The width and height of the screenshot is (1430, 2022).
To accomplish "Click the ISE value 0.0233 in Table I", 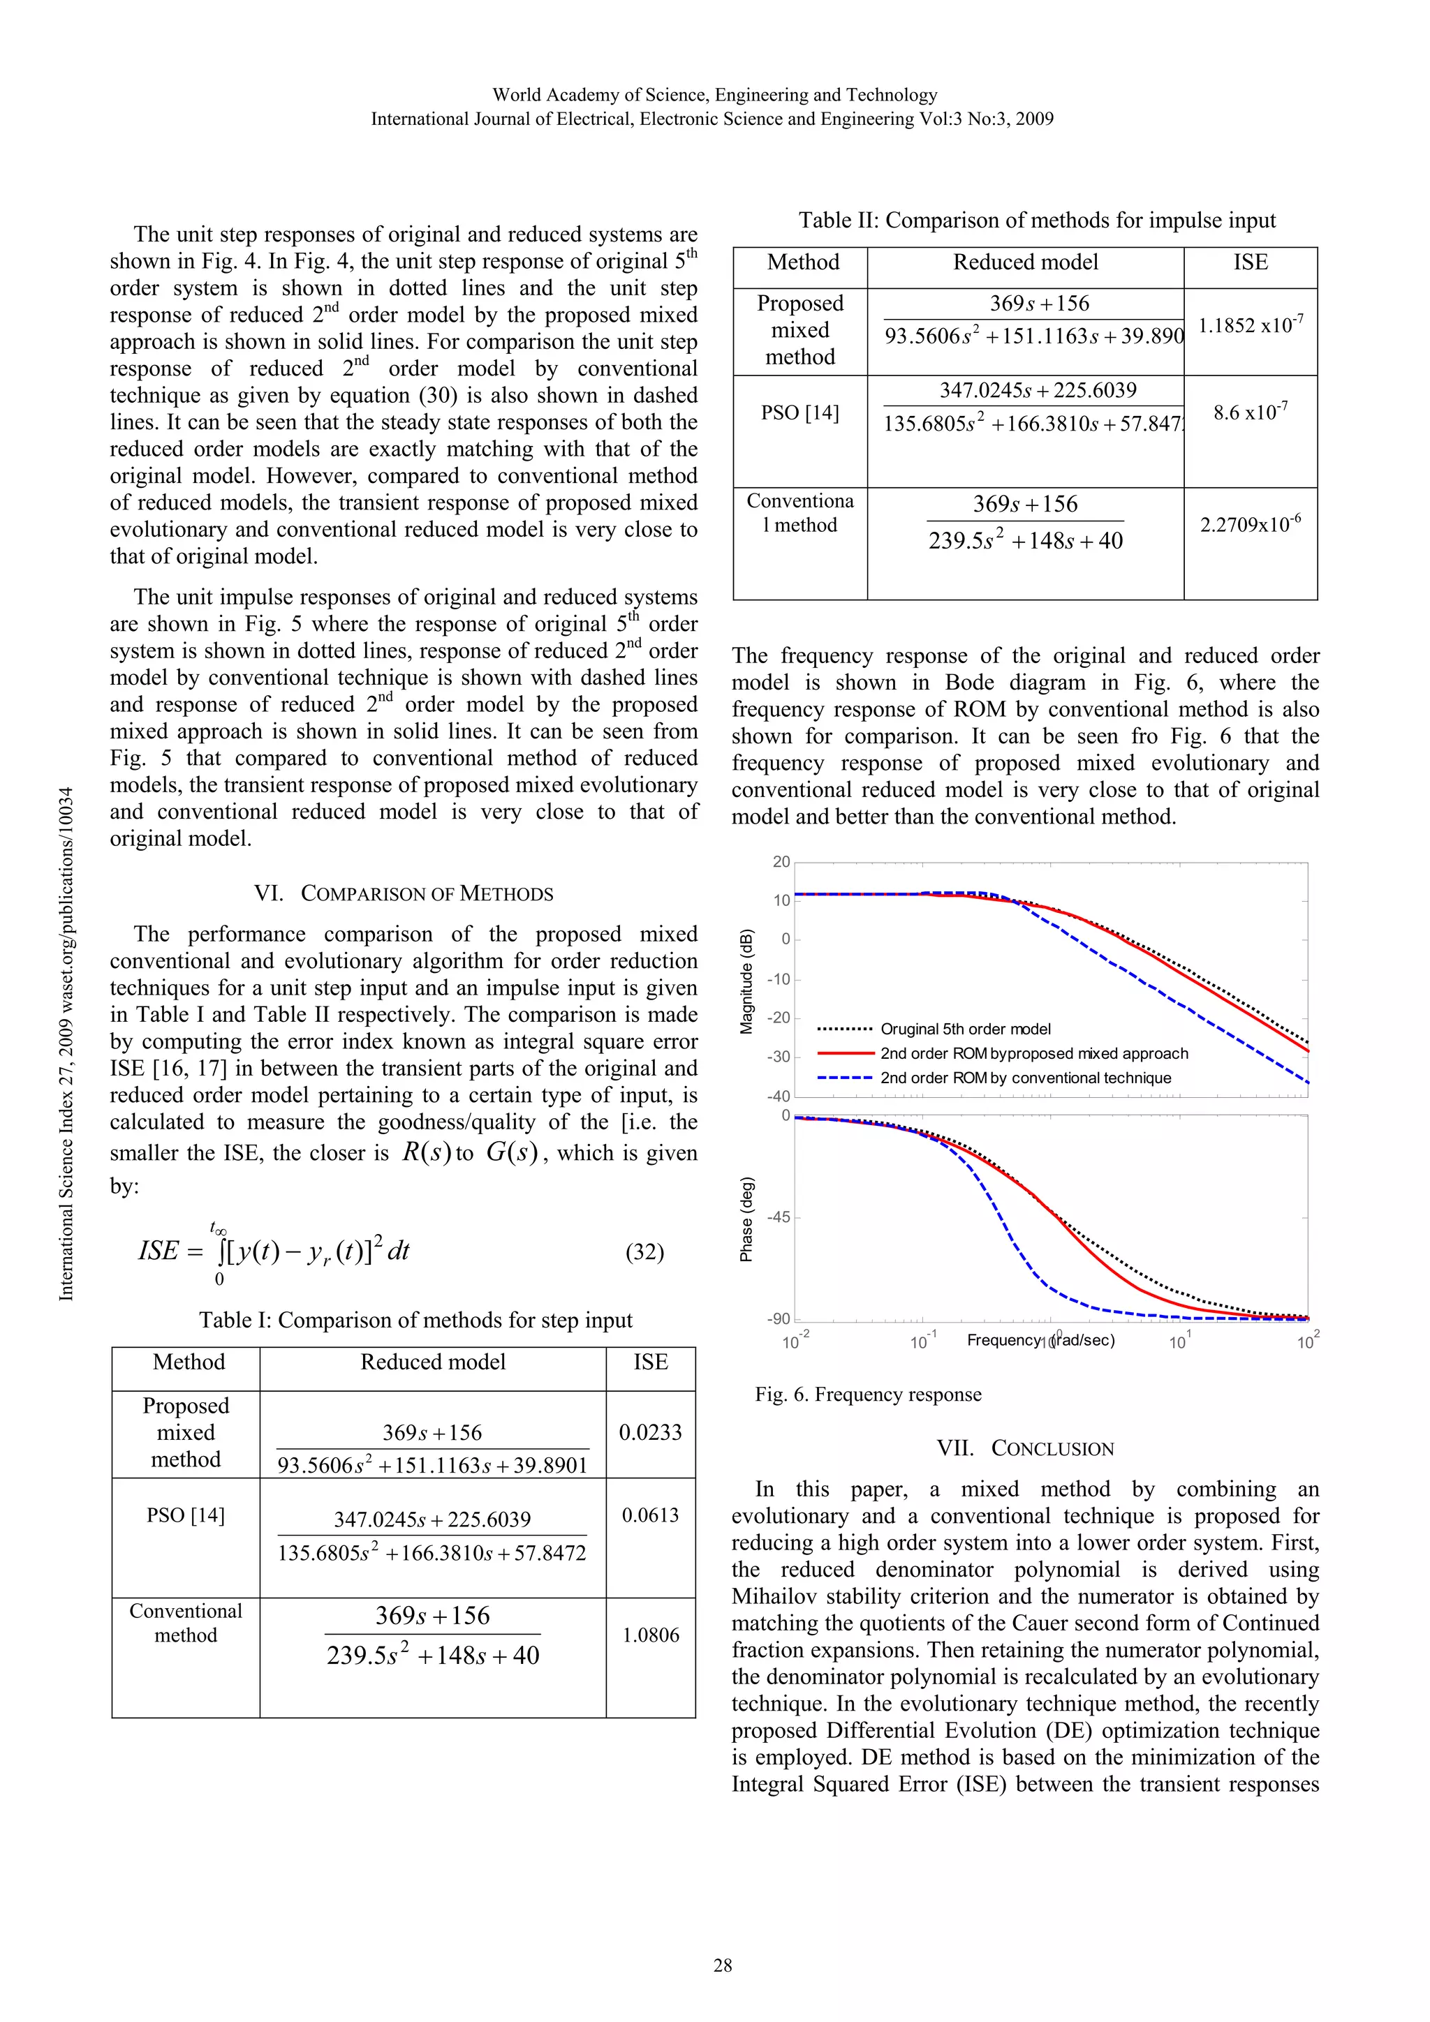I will pos(650,1432).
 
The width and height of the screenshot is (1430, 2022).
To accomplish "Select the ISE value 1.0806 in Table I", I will pos(650,1635).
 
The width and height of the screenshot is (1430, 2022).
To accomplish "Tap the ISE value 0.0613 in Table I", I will pos(650,1515).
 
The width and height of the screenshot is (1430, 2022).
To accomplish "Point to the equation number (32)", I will pos(644,1251).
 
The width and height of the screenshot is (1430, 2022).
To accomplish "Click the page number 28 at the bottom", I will pos(723,1965).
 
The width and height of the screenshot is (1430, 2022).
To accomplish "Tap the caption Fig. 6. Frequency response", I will pos(868,1394).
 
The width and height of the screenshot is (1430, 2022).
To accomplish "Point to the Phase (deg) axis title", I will pos(747,1219).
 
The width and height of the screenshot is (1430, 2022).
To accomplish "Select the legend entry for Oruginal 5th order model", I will pos(965,1029).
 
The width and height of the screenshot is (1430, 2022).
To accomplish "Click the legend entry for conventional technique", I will pos(1025,1078).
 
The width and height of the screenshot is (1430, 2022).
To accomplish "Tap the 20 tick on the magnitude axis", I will pos(781,861).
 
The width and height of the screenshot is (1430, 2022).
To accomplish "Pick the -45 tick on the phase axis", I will pos(778,1217).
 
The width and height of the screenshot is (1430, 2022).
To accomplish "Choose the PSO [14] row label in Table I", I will pos(185,1515).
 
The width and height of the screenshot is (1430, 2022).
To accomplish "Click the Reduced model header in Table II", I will pos(1026,262).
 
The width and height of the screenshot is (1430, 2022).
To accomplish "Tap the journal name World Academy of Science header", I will pos(714,94).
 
